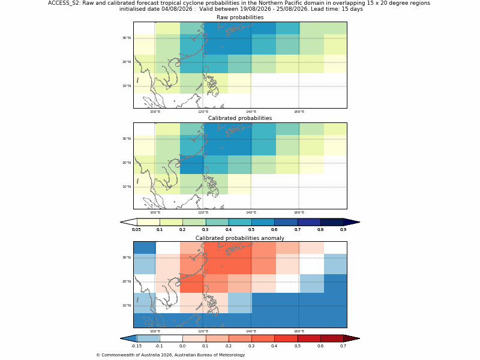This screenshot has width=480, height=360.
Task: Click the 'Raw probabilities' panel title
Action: (x=240, y=17)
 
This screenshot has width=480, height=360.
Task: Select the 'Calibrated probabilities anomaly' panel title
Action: (x=240, y=238)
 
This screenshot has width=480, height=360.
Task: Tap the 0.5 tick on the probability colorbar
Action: (x=251, y=230)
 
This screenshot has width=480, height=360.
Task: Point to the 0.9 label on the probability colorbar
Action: (x=343, y=230)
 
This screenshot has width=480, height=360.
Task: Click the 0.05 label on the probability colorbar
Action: (x=137, y=230)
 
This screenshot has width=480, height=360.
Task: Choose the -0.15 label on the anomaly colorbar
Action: (x=137, y=346)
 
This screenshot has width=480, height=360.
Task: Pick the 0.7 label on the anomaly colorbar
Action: (x=343, y=346)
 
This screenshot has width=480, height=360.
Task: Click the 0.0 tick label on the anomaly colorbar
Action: (x=182, y=346)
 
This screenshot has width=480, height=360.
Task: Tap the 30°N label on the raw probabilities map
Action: (x=127, y=38)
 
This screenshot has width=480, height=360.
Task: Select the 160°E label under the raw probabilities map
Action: (x=299, y=112)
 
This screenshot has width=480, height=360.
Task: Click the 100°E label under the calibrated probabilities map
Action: (x=155, y=212)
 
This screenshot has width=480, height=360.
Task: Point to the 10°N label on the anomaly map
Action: (x=127, y=305)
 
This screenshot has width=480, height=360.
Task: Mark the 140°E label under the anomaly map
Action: (x=251, y=331)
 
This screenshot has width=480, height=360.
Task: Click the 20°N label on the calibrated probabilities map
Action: (x=127, y=163)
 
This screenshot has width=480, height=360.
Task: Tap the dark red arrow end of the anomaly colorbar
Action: (x=352, y=338)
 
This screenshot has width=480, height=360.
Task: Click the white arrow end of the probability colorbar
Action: (x=128, y=222)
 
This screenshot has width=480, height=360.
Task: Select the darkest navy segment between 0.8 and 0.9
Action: (x=332, y=222)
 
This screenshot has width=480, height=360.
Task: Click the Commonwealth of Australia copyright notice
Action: (x=170, y=355)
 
